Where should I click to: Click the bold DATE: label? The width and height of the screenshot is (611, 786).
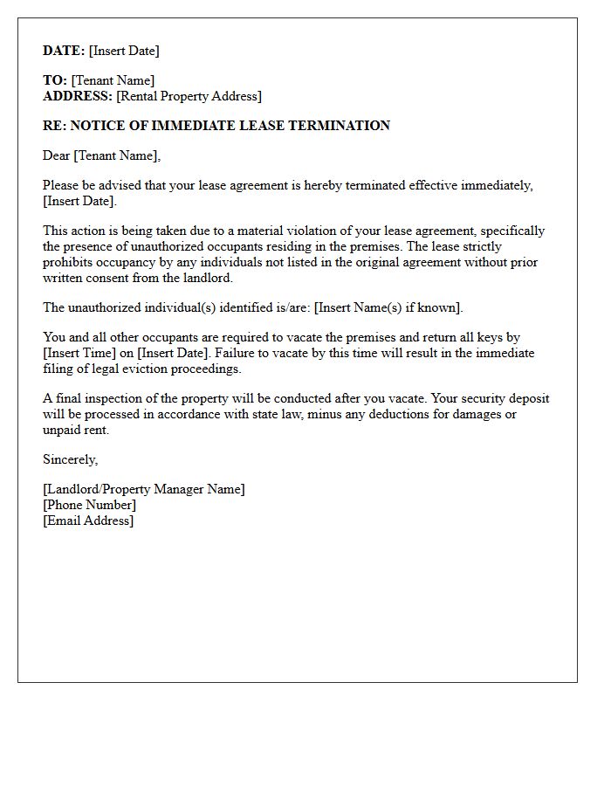click(64, 51)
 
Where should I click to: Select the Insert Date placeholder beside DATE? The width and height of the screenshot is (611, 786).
click(124, 51)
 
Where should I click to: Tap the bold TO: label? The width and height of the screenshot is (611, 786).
click(55, 80)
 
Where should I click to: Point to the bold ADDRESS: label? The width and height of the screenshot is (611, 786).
click(78, 96)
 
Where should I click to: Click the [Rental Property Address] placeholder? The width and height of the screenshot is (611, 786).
click(189, 96)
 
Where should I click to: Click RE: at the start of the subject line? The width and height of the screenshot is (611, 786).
click(55, 126)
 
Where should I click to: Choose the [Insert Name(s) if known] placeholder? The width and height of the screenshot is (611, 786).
click(388, 307)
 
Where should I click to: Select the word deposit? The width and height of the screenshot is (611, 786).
click(527, 398)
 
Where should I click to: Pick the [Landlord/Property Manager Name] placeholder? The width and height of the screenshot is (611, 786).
click(144, 489)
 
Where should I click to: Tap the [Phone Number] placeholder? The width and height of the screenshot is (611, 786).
click(89, 505)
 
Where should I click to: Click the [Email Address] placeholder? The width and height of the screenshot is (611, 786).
click(88, 521)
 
